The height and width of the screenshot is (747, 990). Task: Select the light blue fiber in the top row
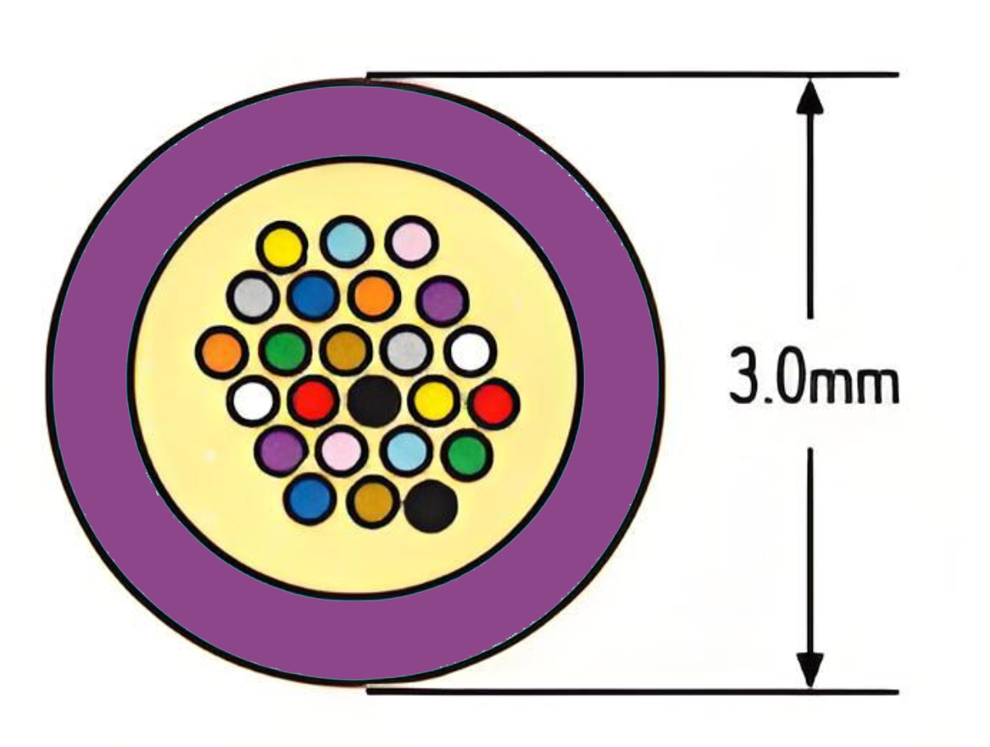click(x=345, y=241)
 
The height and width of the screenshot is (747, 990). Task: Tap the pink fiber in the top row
click(x=412, y=241)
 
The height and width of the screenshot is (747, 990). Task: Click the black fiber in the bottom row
click(x=431, y=506)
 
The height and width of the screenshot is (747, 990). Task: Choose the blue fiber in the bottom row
click(x=309, y=499)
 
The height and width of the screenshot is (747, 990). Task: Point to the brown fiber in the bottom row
click(x=372, y=502)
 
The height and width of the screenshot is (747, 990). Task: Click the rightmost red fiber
click(x=495, y=405)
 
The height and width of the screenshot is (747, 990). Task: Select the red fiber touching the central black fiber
click(x=314, y=400)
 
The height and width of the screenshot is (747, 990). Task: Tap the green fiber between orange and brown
click(x=285, y=350)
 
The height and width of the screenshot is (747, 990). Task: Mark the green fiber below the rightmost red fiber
click(x=466, y=454)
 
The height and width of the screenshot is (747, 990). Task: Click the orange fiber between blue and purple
click(x=374, y=295)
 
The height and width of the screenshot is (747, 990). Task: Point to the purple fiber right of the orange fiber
click(x=442, y=301)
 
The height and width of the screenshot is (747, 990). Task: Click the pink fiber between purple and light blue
click(x=342, y=450)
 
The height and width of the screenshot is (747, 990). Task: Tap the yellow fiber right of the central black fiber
click(x=434, y=400)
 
